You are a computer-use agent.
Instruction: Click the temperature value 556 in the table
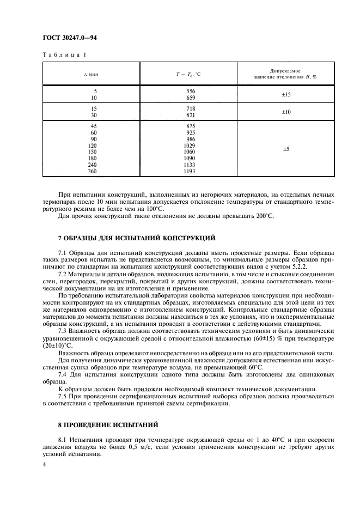click(190, 90)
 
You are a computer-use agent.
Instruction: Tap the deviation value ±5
click(285, 148)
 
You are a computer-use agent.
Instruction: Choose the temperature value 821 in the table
click(190, 116)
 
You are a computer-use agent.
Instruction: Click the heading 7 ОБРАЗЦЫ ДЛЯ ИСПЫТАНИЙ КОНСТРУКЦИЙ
click(136, 238)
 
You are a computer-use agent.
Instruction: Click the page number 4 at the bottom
click(44, 464)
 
